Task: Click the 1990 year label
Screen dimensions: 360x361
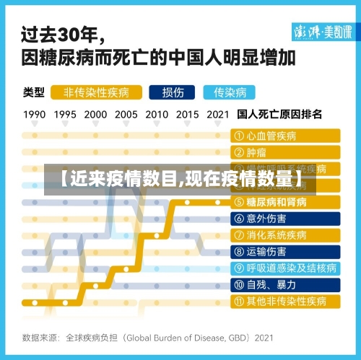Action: point(35,114)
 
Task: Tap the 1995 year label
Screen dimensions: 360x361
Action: point(65,114)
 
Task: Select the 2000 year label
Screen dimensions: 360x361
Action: point(95,114)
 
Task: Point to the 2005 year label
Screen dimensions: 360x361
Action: point(126,114)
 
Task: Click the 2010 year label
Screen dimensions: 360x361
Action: point(157,114)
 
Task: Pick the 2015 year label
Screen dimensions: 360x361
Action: point(187,114)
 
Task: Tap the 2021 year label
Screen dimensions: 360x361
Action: point(217,114)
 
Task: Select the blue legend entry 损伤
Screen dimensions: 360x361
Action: point(173,92)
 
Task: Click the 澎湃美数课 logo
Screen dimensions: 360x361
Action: point(323,32)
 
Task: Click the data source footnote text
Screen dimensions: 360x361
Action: point(148,336)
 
